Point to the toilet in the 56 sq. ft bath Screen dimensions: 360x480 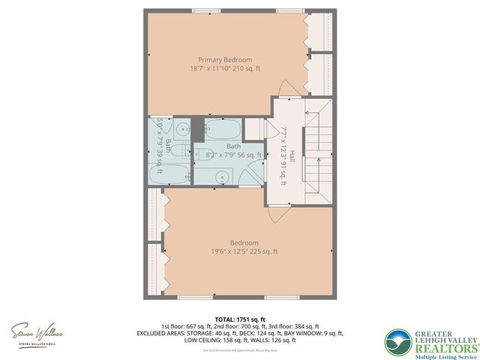tap(199, 155)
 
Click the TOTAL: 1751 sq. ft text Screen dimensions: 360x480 tap(239, 319)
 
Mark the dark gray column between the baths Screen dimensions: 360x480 tap(197, 125)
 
